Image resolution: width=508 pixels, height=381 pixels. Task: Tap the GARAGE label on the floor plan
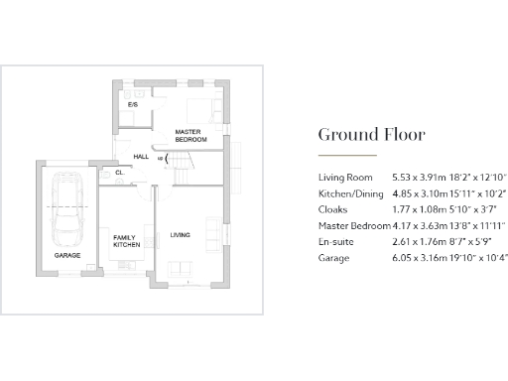67,255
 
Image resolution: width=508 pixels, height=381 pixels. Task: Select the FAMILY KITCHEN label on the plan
124,240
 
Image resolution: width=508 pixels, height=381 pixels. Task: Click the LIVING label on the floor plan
180,234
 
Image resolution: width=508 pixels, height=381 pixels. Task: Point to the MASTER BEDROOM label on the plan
190,136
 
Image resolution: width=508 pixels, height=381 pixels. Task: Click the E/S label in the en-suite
132,104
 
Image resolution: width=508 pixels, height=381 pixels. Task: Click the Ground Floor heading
371,134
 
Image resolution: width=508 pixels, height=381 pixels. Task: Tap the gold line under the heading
346,156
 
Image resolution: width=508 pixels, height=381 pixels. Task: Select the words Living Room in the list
341,176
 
